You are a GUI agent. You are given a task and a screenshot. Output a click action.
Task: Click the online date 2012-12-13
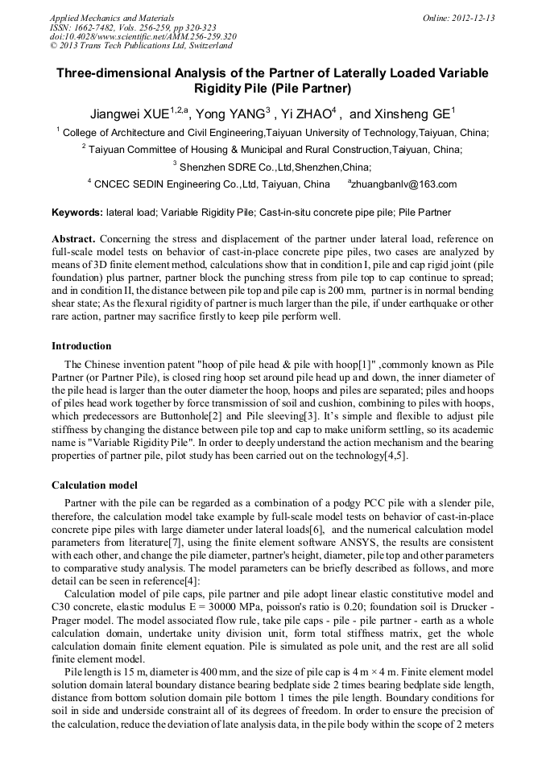474,19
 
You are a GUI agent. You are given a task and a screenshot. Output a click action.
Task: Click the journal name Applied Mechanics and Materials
102,19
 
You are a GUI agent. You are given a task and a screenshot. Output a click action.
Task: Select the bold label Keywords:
77,213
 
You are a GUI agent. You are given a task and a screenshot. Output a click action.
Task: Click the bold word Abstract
74,240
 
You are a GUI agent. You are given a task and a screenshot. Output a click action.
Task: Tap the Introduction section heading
81,345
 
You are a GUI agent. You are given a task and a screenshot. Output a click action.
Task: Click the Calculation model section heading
94,485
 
